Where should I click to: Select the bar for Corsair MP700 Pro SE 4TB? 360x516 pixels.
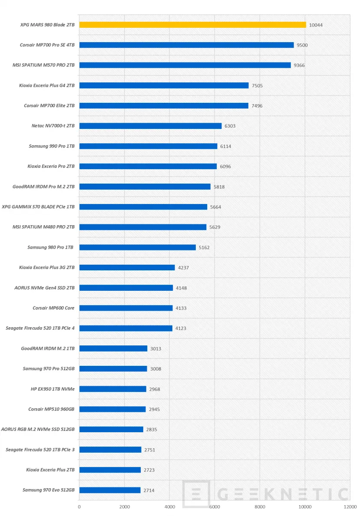[x=186, y=45]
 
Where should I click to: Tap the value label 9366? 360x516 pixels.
[x=300, y=65]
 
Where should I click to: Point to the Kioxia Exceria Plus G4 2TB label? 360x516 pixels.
[x=47, y=85]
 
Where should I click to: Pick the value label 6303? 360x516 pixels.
[x=230, y=126]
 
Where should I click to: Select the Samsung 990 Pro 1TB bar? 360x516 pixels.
[x=148, y=146]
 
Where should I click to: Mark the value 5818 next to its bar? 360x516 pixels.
[x=219, y=187]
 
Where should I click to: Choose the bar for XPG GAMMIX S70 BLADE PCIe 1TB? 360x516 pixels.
[x=143, y=207]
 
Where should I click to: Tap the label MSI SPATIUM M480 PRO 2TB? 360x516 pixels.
[x=44, y=227]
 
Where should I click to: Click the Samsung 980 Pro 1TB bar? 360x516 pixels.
[x=137, y=247]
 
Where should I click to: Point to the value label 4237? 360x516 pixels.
[x=184, y=268]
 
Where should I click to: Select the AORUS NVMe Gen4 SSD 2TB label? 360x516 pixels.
[x=44, y=288]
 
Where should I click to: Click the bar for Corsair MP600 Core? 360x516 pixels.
[x=126, y=308]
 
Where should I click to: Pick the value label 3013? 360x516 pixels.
[x=156, y=348]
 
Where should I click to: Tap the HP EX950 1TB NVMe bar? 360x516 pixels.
[x=112, y=389]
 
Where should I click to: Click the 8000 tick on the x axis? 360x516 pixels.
[x=260, y=506]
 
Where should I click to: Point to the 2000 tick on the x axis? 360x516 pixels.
[x=124, y=506]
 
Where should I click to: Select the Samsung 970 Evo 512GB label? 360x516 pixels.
[x=49, y=490]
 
